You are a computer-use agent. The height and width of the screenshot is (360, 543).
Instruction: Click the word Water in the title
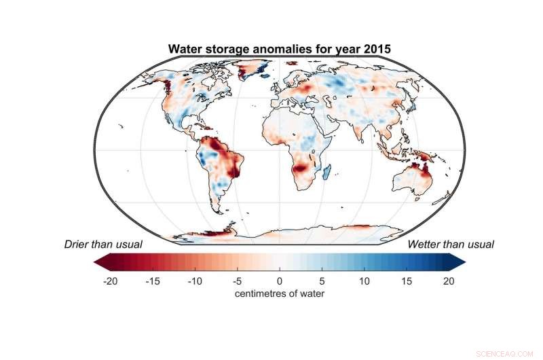click(185, 49)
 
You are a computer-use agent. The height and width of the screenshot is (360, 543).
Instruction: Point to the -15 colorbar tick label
click(151, 281)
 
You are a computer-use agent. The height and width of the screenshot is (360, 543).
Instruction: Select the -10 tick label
click(194, 281)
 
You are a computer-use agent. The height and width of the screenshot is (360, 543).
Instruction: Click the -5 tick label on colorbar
click(237, 281)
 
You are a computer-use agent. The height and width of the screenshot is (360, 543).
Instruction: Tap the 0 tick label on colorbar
click(279, 281)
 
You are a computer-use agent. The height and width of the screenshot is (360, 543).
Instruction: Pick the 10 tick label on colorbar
click(364, 281)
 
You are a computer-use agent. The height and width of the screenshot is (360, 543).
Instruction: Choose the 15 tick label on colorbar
click(406, 281)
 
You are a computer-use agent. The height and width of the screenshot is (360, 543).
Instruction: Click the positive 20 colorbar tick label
click(448, 281)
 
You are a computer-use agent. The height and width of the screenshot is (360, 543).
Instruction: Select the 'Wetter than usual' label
click(451, 244)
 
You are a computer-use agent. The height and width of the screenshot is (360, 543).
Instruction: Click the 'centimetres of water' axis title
click(278, 293)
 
